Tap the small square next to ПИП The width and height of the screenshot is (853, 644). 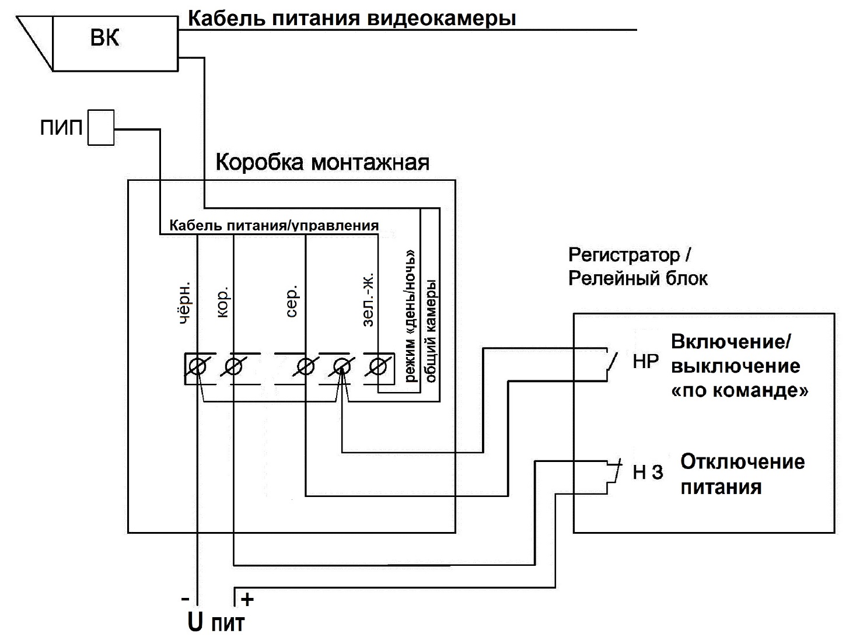[101, 127]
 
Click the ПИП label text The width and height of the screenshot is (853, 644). [61, 128]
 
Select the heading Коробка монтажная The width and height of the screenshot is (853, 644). [322, 162]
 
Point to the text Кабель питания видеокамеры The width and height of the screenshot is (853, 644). [351, 19]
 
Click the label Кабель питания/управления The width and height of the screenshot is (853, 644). [274, 226]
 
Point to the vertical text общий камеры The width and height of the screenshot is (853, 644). [431, 330]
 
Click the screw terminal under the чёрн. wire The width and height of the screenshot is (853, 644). [198, 367]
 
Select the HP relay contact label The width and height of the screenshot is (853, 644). [645, 362]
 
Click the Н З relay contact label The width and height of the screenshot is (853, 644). [648, 472]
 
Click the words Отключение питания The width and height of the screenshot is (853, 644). [742, 474]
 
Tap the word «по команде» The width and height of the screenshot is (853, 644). [740, 390]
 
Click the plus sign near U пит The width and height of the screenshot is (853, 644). [247, 599]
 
